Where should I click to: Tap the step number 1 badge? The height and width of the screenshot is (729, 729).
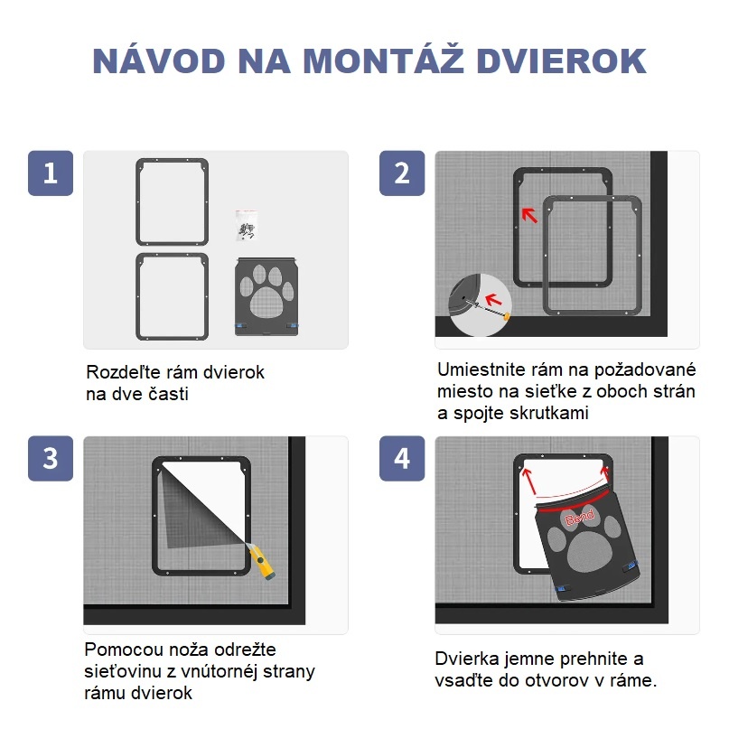[x=50, y=173]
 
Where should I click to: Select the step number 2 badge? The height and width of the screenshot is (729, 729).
[x=401, y=173]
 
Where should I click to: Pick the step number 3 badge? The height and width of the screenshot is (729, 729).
[x=50, y=458]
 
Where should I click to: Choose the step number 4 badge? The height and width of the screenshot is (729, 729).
[x=401, y=458]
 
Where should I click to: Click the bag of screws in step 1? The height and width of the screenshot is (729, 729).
[x=246, y=226]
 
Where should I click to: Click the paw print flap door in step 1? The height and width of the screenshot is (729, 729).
[x=268, y=295]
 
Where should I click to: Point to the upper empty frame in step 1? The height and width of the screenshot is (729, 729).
[x=172, y=202]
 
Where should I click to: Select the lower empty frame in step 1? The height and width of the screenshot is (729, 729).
[x=172, y=296]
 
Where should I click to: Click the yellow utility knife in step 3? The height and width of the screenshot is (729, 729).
[x=264, y=562]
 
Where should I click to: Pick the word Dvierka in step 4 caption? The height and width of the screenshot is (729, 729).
[x=468, y=659]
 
